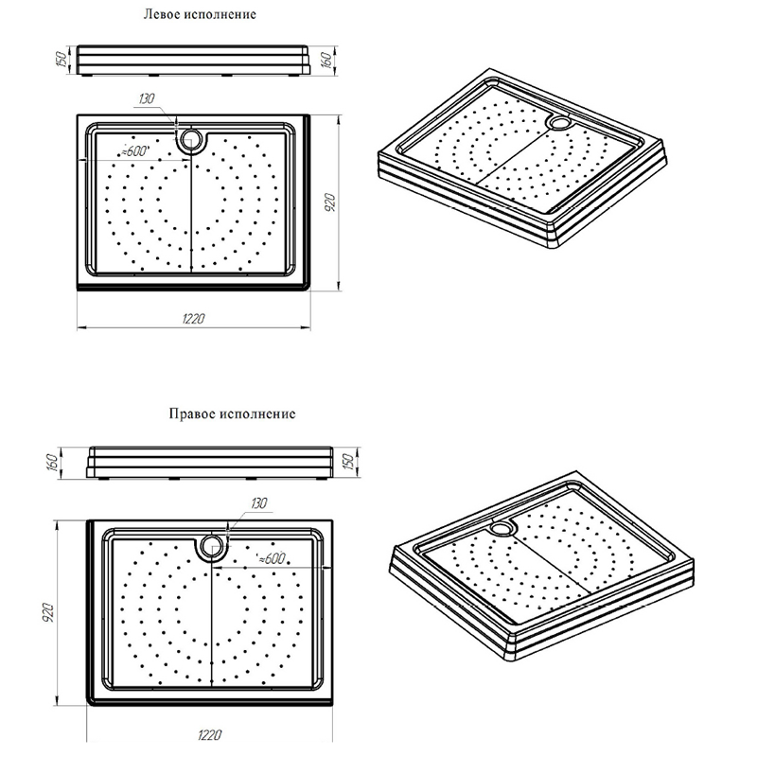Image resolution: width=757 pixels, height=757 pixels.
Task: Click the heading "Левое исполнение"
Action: tap(200, 14)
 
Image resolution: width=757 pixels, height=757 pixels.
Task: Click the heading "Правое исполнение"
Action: tap(232, 414)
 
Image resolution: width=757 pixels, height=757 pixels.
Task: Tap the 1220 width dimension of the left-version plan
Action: tap(194, 319)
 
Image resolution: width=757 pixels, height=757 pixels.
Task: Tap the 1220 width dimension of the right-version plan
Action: tap(209, 735)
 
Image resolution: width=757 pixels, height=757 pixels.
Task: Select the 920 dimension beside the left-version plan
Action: tap(329, 202)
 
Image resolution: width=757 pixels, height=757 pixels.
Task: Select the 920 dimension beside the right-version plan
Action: tap(49, 612)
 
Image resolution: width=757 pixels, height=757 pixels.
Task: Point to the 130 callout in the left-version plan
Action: tap(147, 99)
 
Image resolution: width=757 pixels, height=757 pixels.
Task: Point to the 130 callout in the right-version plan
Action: tap(258, 503)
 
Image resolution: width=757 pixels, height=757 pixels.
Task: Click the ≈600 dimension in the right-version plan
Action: tap(272, 559)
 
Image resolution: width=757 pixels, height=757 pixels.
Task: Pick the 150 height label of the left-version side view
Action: tap(62, 59)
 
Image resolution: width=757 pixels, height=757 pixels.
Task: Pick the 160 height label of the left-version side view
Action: tap(326, 60)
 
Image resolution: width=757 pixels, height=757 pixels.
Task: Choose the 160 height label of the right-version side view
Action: tap(53, 462)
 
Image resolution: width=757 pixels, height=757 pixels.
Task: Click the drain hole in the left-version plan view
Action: tap(192, 141)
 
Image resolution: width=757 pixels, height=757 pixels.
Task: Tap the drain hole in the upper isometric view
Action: tap(560, 122)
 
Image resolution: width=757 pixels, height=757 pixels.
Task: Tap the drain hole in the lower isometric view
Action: tap(502, 528)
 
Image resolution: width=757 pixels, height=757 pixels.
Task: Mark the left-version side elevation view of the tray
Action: tap(194, 61)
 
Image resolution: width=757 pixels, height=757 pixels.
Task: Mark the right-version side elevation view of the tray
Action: tap(209, 463)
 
